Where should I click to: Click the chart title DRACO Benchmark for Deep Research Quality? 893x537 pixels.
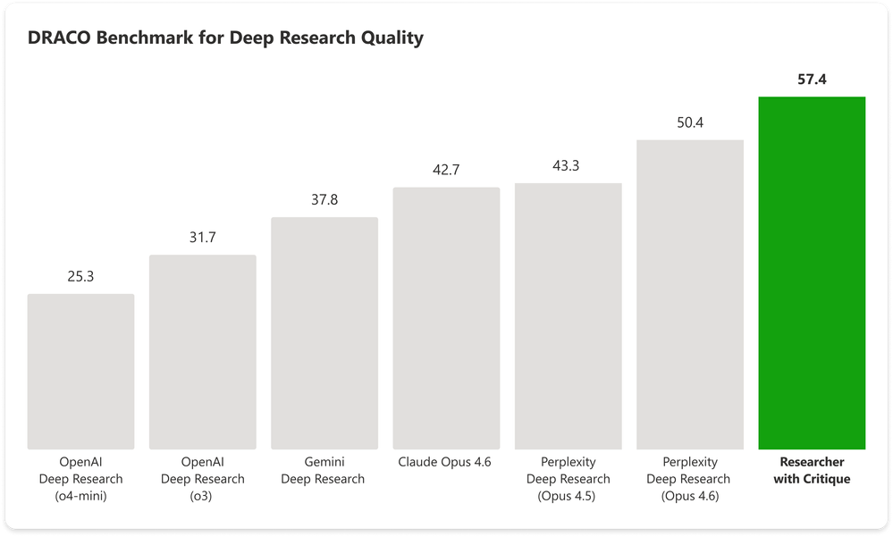tap(226, 38)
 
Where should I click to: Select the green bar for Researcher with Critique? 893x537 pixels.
tap(812, 273)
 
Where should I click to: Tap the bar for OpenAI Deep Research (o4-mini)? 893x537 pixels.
tap(81, 372)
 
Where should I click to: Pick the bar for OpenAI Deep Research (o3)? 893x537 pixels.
tap(203, 352)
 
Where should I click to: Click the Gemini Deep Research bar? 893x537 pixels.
tap(324, 333)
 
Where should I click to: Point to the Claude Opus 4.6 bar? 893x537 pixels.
tap(446, 318)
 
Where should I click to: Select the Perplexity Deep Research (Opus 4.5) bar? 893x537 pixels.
tap(568, 316)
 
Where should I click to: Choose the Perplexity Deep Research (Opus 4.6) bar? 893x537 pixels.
tap(690, 294)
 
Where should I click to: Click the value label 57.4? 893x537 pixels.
tap(812, 80)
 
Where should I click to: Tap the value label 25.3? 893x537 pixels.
tap(80, 277)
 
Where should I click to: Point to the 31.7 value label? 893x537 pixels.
tap(203, 238)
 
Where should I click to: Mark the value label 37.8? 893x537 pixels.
tap(324, 200)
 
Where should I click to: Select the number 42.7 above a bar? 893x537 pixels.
tap(446, 170)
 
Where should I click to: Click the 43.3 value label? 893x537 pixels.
tap(568, 165)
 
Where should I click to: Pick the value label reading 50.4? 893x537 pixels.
tap(690, 122)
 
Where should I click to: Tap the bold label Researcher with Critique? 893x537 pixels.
tap(812, 471)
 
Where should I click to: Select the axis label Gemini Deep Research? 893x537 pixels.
tap(323, 471)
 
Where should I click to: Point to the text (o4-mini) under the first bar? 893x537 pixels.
tap(80, 496)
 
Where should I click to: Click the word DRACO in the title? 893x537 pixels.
tap(55, 38)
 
